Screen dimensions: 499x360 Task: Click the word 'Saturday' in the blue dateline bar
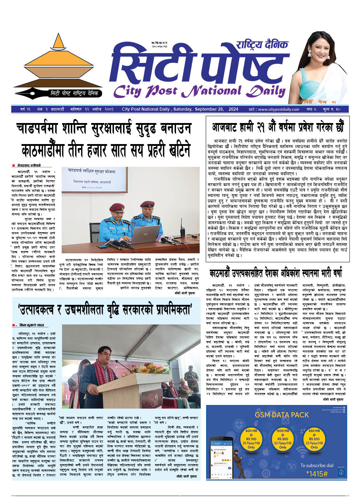click(183, 109)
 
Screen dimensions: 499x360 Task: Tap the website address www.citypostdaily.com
click(279, 109)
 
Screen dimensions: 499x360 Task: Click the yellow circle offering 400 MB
click(251, 439)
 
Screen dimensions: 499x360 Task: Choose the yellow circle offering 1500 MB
click(283, 439)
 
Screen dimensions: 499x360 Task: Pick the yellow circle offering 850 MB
click(314, 439)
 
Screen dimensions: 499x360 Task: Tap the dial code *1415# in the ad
click(317, 474)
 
